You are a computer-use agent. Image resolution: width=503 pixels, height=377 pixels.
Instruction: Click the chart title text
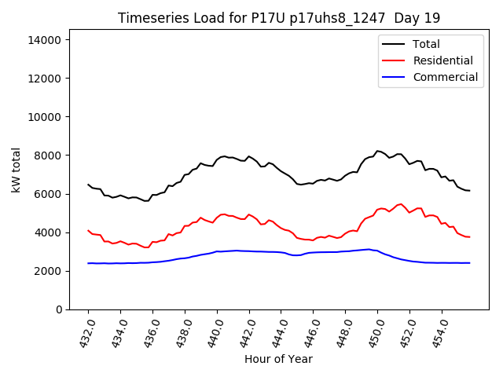tap(278, 17)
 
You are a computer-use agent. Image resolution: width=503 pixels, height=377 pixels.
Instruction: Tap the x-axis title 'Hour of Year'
tap(278, 359)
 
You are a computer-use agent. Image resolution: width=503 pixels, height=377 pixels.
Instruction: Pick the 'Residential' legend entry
tap(442, 60)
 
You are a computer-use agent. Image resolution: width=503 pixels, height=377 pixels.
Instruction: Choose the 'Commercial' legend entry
tap(445, 77)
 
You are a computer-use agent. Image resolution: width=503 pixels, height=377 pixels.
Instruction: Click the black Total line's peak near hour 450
tap(377, 151)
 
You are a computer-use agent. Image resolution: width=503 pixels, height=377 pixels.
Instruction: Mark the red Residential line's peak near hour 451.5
tap(402, 204)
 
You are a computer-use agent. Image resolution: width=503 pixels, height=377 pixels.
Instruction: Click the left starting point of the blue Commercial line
tap(88, 263)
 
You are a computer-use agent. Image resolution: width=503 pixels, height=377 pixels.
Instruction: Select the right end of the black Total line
tap(469, 191)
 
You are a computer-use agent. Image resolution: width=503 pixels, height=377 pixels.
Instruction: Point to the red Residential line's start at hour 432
tap(88, 230)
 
